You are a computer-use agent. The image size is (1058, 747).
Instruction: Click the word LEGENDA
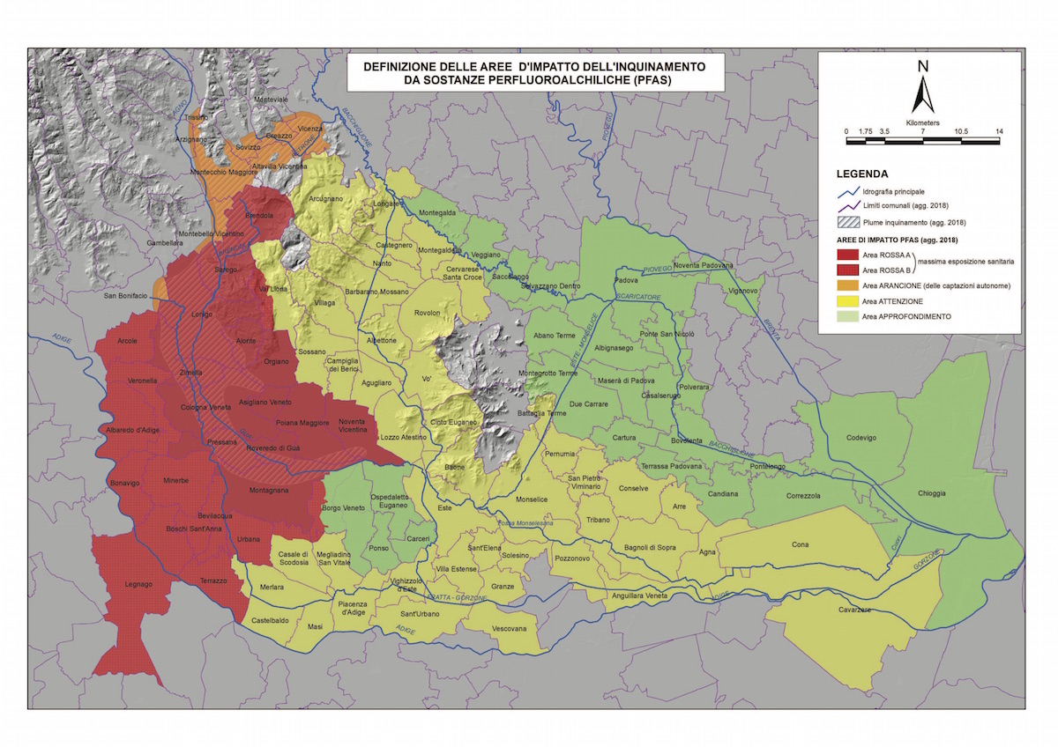pos(862,174)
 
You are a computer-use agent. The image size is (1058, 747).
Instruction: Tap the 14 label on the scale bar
pos(999,131)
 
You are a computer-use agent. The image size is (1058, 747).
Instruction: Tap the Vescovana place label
pos(509,629)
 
